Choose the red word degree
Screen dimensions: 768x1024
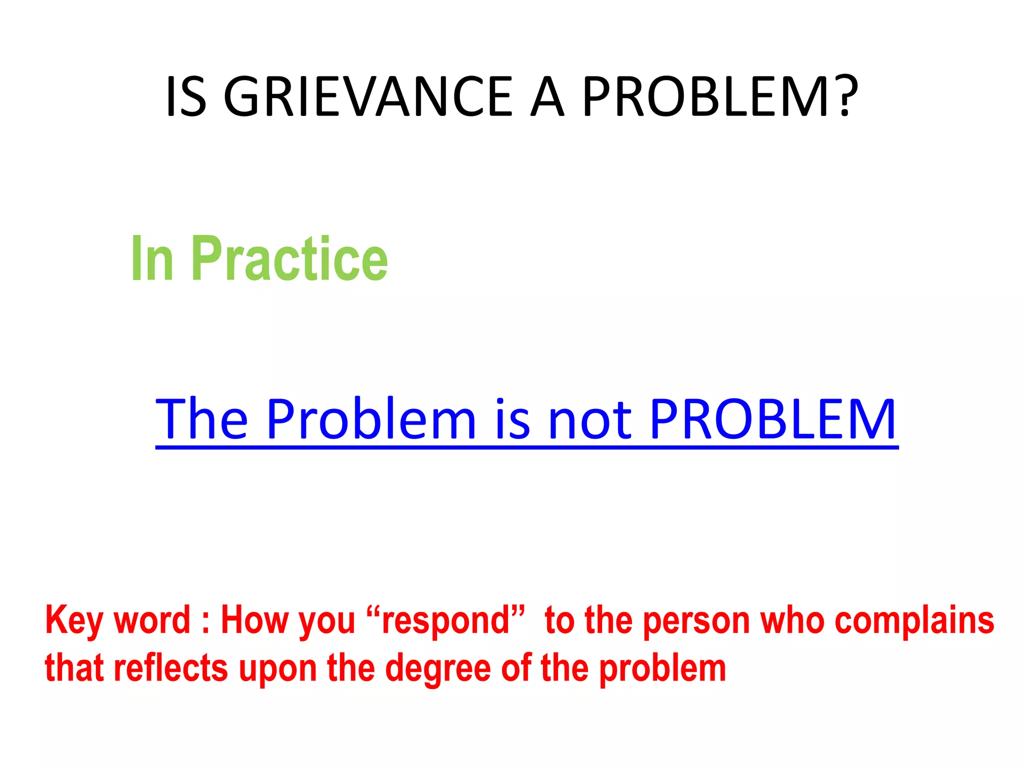(438, 668)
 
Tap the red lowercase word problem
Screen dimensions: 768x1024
(662, 668)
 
